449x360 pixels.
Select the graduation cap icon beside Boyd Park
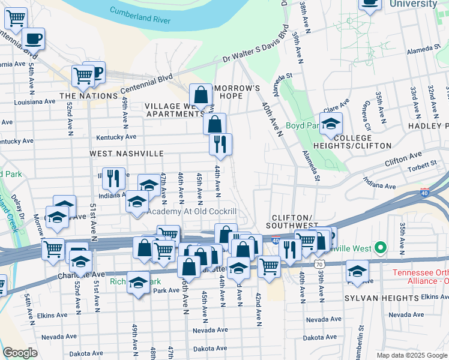pyautogui.click(x=331, y=125)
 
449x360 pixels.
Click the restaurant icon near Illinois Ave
pyautogui.click(x=113, y=178)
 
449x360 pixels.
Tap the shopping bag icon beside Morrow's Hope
pyautogui.click(x=200, y=95)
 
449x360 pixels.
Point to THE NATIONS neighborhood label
pyautogui.click(x=88, y=96)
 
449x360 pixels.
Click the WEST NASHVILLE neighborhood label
pyautogui.click(x=127, y=154)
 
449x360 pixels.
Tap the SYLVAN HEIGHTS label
pyautogui.click(x=381, y=298)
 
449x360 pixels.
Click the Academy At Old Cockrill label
pyautogui.click(x=192, y=211)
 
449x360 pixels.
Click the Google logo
pyautogui.click(x=20, y=353)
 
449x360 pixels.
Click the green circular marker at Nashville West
pyautogui.click(x=380, y=247)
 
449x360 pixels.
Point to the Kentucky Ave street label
pyautogui.click(x=116, y=137)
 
